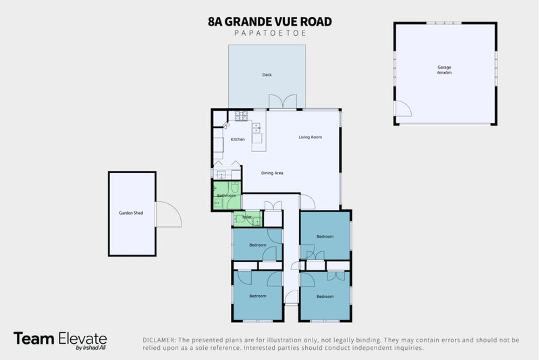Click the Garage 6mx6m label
click(x=443, y=70)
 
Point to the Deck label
click(x=267, y=75)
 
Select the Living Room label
click(x=310, y=137)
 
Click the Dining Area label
click(x=272, y=174)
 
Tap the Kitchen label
click(x=238, y=140)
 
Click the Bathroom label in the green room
click(x=226, y=196)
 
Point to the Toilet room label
click(x=247, y=217)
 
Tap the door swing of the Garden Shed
click(x=168, y=214)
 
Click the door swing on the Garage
click(x=403, y=109)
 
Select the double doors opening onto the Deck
click(x=283, y=101)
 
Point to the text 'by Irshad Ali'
click(x=90, y=349)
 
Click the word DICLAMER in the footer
click(x=159, y=339)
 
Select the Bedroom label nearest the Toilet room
click(x=258, y=245)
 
